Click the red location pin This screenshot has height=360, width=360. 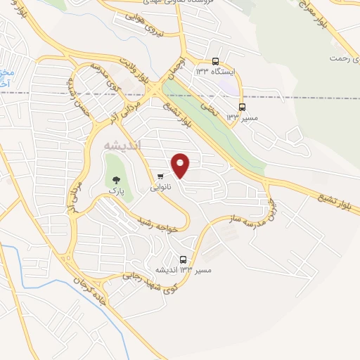pyautogui.click(x=181, y=165)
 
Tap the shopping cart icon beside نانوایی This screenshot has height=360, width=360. pyautogui.click(x=161, y=176)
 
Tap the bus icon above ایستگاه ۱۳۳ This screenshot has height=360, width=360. pyautogui.click(x=215, y=61)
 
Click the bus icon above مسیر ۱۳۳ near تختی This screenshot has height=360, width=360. pyautogui.click(x=243, y=107)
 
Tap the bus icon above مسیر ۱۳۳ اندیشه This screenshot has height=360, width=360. pyautogui.click(x=184, y=259)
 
